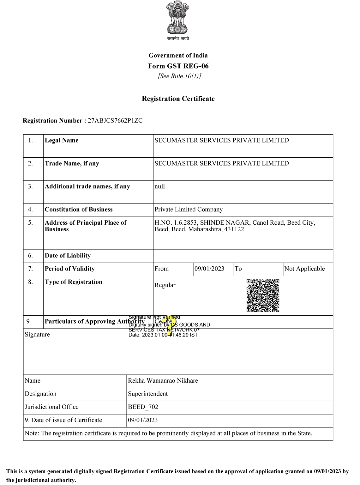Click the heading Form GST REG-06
178,66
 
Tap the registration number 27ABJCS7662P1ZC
115,121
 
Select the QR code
263,295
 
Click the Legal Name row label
62,140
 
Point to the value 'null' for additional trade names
160,186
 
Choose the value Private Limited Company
189,209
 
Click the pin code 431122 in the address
234,229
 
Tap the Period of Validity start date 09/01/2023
209,269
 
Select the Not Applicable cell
304,269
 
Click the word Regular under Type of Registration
165,285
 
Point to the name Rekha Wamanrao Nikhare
163,381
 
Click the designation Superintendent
148,394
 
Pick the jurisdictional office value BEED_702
143,407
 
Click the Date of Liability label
68,256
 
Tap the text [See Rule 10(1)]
179,76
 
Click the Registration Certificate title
178,99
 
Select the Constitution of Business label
79,209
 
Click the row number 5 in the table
30,223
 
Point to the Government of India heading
178,55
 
